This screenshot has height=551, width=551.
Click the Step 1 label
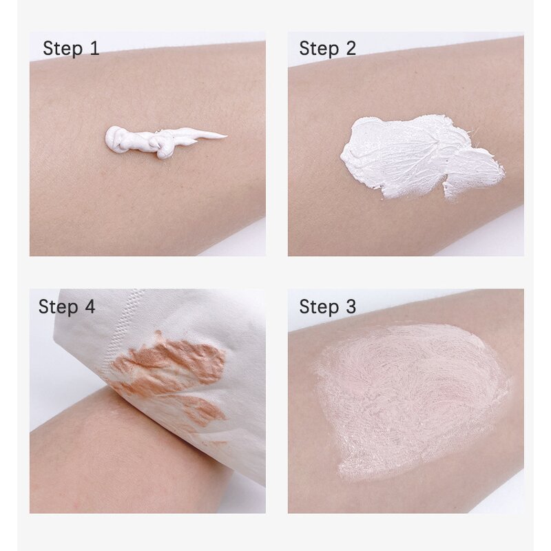click(x=71, y=49)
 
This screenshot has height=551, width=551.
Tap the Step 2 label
click(x=327, y=49)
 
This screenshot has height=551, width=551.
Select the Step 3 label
click(x=327, y=306)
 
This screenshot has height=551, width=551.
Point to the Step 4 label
click(x=67, y=306)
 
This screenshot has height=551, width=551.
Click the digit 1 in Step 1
click(x=94, y=49)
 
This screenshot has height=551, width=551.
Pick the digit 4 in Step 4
click(x=90, y=306)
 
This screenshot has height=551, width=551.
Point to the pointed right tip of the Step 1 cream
click(x=222, y=134)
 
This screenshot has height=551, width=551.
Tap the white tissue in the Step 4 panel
click(x=207, y=317)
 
